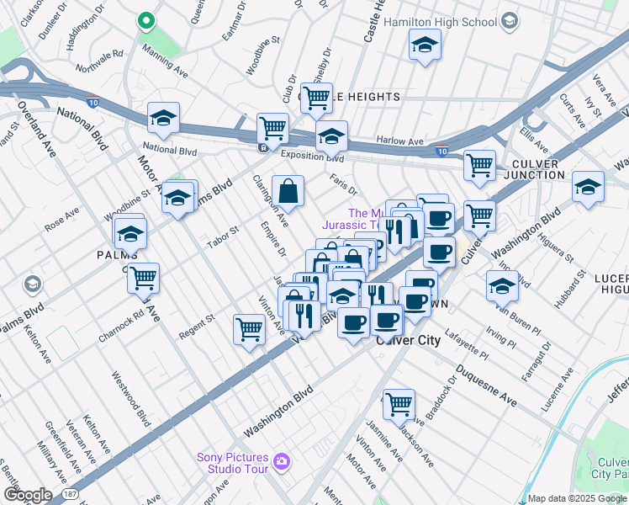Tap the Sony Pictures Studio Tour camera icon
click(x=282, y=461)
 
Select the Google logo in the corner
click(x=27, y=495)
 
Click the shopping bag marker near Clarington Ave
click(x=288, y=191)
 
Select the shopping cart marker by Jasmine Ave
click(x=399, y=403)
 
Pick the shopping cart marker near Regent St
click(x=249, y=329)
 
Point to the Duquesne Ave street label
click(x=486, y=385)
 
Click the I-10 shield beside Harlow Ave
click(x=442, y=151)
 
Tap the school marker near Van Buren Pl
click(x=502, y=287)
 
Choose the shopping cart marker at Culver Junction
click(x=479, y=165)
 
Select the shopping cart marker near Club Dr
click(x=317, y=98)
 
